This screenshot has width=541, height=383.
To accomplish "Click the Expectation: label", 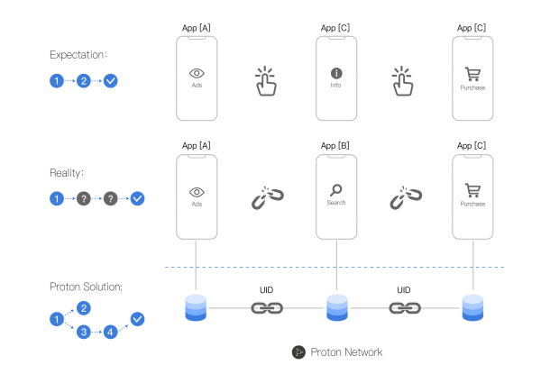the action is [78, 55].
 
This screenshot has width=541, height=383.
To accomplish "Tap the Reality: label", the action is [67, 173].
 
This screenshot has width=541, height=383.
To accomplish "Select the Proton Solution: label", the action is [86, 287].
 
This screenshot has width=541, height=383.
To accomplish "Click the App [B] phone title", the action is [335, 146].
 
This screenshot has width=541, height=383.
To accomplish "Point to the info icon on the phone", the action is [336, 73].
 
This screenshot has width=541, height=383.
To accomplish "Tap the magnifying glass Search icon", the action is [335, 190].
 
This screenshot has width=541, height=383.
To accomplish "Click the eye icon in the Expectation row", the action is [197, 73].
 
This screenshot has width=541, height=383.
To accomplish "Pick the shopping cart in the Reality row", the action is [472, 190].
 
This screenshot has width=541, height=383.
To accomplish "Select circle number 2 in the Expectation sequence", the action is [84, 81].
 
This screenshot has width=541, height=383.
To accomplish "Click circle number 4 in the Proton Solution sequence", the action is [110, 332].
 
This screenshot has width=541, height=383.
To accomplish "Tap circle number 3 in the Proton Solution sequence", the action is [84, 332].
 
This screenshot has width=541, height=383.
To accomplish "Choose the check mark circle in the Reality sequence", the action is [137, 198].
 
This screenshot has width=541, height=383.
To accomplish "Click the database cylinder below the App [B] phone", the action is [336, 308].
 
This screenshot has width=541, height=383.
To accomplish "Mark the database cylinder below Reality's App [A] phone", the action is [196, 308].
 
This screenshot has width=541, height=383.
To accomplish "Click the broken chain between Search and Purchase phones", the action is [406, 197].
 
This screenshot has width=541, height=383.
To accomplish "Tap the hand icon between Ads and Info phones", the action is [266, 81].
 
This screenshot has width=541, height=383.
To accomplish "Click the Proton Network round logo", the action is [298, 352].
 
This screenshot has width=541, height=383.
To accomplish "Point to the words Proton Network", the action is [346, 352].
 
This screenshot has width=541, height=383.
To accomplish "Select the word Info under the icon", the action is [335, 85].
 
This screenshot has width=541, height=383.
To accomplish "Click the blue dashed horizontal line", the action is [335, 267].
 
